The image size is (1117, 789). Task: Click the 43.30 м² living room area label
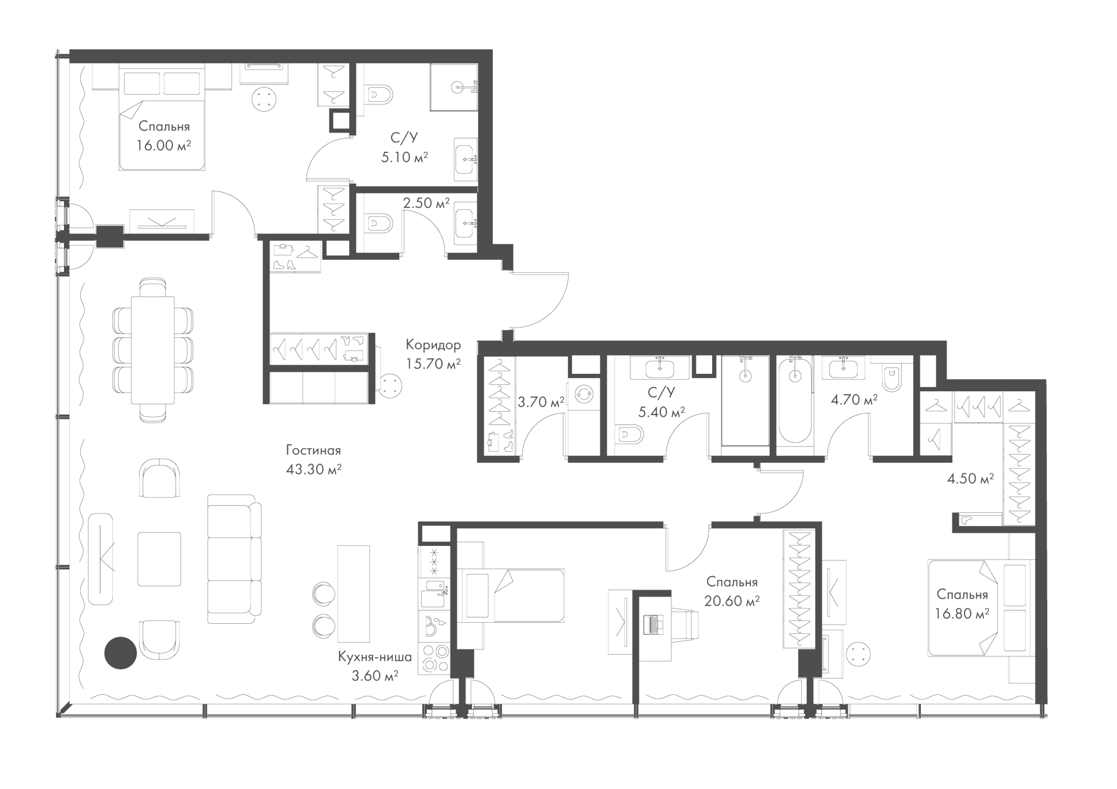point(314,469)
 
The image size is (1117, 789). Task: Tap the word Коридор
point(433,345)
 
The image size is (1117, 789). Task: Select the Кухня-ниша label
point(375,657)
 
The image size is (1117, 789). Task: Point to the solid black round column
point(120,653)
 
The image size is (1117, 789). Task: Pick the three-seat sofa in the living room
point(234,556)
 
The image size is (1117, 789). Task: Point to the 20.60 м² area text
point(732,601)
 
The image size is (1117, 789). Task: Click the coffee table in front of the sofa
point(159,559)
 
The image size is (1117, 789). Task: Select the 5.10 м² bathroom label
point(404,157)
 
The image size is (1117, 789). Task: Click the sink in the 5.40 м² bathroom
point(660,367)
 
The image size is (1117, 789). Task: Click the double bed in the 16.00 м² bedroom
point(162,117)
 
